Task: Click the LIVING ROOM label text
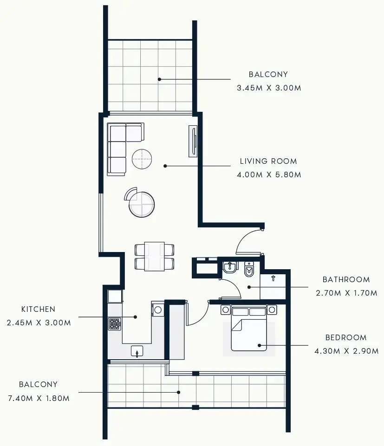pos(268,162)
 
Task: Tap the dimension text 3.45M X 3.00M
pos(268,88)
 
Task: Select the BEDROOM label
pos(345,337)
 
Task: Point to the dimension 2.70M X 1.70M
pos(346,293)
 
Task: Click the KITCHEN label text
pos(38,309)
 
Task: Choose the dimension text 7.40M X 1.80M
pos(39,398)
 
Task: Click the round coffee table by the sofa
pos(142,159)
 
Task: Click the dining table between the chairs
pos(154,256)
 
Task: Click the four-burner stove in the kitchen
pos(114,324)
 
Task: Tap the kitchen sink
pos(137,351)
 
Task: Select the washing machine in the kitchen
pos(158,310)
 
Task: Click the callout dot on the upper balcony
pos(159,79)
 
